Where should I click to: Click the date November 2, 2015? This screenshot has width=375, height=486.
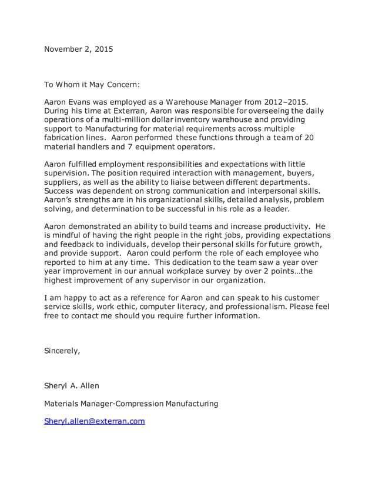[x=79, y=49]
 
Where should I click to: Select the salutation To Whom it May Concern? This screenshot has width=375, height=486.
[x=93, y=85]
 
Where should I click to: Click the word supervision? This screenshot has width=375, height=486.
[x=69, y=173]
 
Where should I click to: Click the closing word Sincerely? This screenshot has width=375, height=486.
[x=62, y=351]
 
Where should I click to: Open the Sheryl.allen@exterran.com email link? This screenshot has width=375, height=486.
[x=95, y=421]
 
